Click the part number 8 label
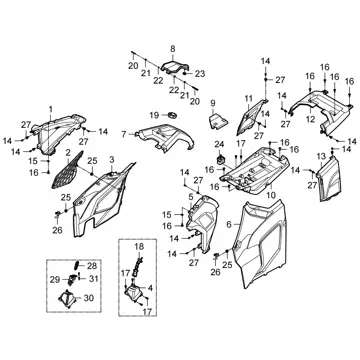pyautogui.click(x=173, y=49)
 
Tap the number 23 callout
pyautogui.click(x=200, y=74)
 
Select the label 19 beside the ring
pyautogui.click(x=154, y=115)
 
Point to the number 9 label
pyautogui.click(x=213, y=104)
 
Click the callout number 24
pyautogui.click(x=219, y=145)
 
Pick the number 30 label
pyautogui.click(x=89, y=298)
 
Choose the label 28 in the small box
pyautogui.click(x=92, y=266)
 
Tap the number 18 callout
pyautogui.click(x=139, y=247)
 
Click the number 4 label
pyautogui.click(x=150, y=288)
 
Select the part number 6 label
pyautogui.click(x=229, y=225)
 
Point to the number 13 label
pyautogui.click(x=321, y=156)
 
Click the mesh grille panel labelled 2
pyautogui.click(x=67, y=170)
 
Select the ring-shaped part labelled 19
pyautogui.click(x=172, y=115)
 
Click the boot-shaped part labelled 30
pyautogui.click(x=68, y=299)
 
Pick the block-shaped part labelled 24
pyautogui.click(x=221, y=159)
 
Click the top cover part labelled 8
pyautogui.click(x=175, y=67)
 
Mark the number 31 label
pyautogui.click(x=94, y=278)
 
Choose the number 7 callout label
pyautogui.click(x=124, y=134)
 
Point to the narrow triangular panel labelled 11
pyautogui.click(x=249, y=117)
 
